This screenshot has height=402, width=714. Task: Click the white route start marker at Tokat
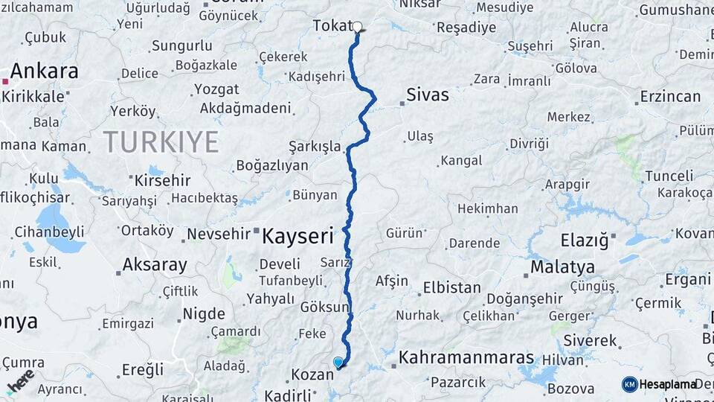point(357,27)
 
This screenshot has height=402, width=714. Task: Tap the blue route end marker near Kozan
point(338,363)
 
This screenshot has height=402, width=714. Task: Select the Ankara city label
point(45,71)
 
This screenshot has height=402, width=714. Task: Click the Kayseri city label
point(297,237)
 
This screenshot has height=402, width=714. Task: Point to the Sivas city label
point(428,95)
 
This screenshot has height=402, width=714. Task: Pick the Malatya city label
point(562,267)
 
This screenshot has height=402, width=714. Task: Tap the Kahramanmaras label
point(466,357)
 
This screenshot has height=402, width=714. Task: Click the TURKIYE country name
point(161,141)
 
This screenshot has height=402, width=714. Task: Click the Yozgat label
point(216,89)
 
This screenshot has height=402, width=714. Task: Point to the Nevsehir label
point(219,234)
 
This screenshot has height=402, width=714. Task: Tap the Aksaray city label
point(155,264)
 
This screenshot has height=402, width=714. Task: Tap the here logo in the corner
point(21,380)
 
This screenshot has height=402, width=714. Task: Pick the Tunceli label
point(668,176)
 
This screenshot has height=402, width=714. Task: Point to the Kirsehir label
point(161,180)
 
